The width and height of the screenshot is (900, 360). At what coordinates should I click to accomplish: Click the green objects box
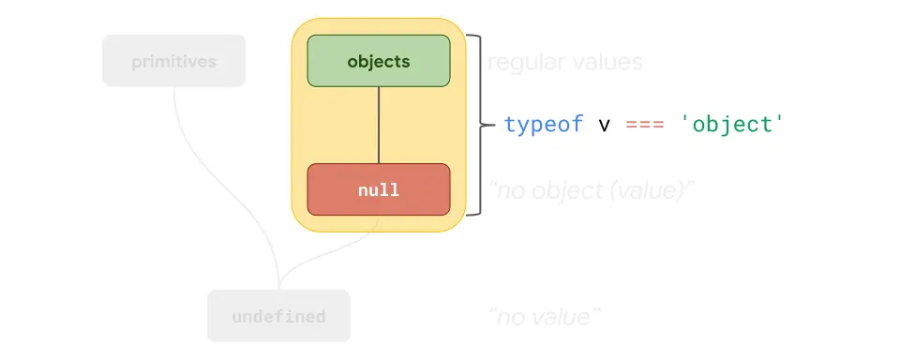coord(379,61)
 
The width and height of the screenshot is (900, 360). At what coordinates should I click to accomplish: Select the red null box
coord(379,189)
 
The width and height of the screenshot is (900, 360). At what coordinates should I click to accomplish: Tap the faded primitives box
coord(173,61)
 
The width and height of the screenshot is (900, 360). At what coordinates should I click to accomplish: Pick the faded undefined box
coord(278,316)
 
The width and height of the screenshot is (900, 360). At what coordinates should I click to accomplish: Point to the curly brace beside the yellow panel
coord(476,125)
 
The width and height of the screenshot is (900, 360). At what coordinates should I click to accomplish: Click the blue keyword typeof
coord(544,124)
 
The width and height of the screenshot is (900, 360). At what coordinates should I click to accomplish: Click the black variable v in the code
coord(604,124)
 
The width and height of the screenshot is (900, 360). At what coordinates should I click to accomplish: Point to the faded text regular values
coord(564,63)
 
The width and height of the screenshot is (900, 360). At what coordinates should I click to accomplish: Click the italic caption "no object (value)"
coord(591,190)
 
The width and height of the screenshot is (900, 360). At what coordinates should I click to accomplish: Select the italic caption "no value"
coord(544,317)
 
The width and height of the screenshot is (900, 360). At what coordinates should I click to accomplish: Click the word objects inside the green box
coord(379,62)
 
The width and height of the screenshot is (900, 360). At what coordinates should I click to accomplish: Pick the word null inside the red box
coord(379,190)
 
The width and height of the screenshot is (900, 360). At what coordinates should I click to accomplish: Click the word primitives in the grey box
coord(173,62)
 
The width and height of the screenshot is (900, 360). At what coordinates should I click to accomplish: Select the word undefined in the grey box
coord(278,317)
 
